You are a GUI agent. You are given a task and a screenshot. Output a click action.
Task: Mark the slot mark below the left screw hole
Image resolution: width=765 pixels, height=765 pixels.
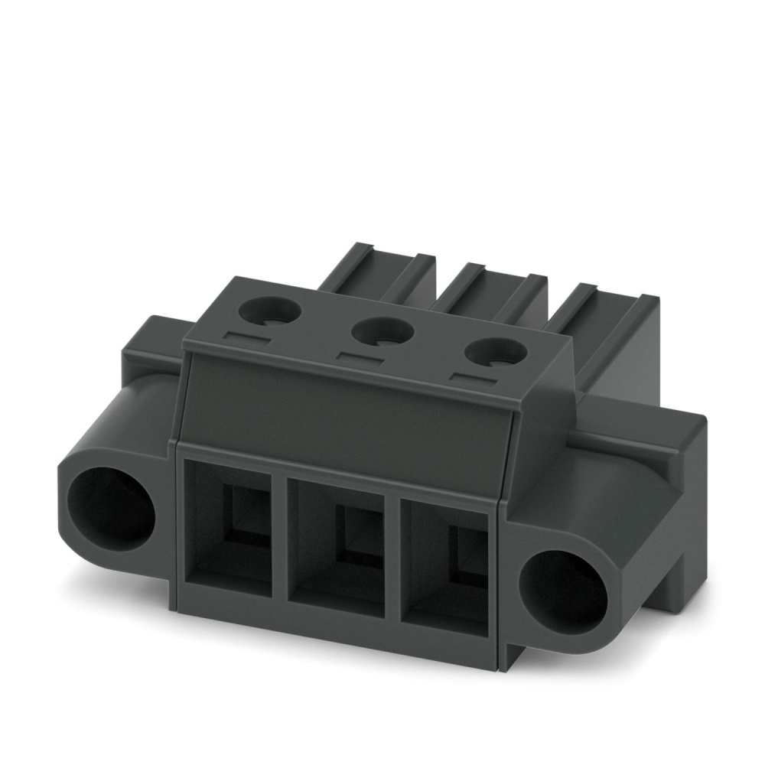[x=246, y=337]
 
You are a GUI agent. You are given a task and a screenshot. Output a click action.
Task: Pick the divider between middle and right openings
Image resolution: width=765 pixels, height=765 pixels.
[x=392, y=562]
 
